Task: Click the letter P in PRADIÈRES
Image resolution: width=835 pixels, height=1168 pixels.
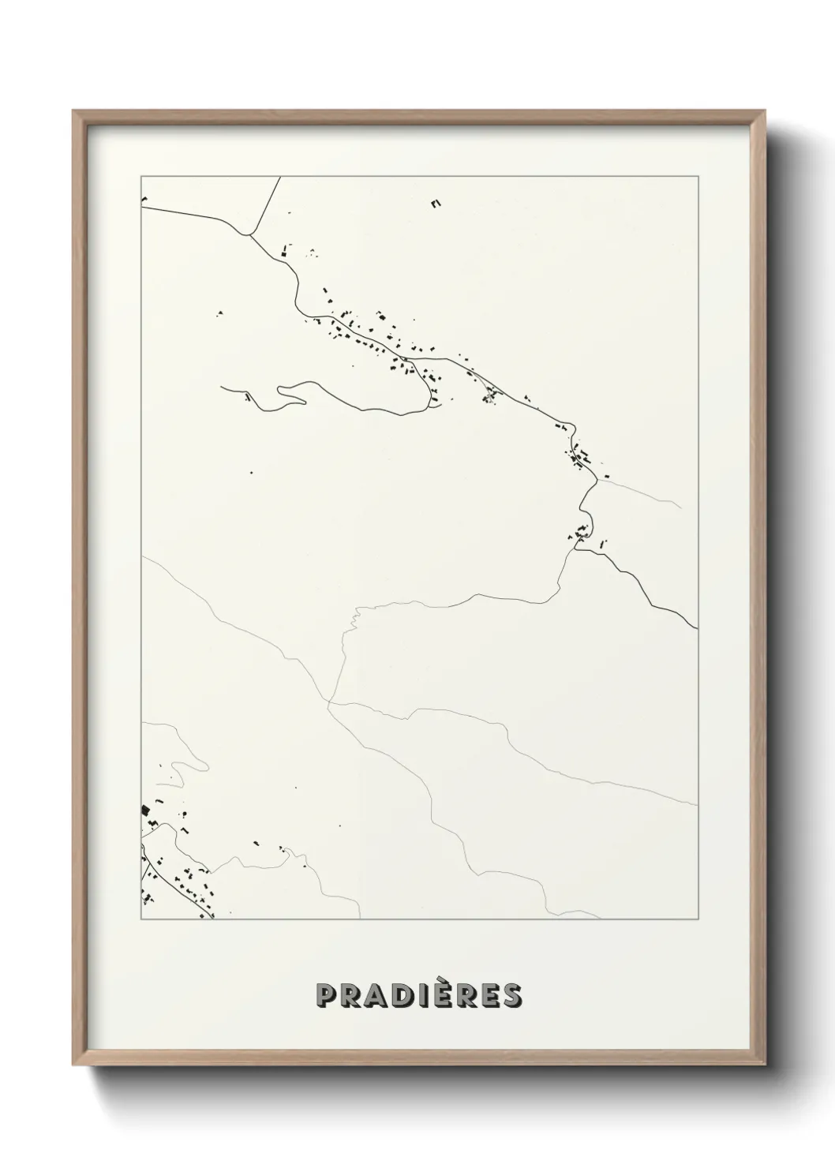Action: (326, 995)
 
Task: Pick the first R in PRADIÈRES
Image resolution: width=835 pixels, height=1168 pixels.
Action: (349, 995)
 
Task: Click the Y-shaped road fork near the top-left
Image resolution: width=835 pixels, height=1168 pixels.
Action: (249, 234)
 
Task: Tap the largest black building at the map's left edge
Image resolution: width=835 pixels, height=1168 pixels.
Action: (145, 810)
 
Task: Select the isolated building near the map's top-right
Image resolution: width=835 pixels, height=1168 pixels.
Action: (435, 204)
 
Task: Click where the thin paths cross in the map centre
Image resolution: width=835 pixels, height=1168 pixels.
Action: (330, 700)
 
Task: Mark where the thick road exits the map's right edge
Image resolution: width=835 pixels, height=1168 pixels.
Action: (696, 628)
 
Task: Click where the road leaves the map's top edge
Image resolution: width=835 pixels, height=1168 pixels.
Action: (280, 178)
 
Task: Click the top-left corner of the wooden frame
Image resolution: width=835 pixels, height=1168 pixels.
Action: (74, 111)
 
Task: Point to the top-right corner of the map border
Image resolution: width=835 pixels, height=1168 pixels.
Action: (697, 177)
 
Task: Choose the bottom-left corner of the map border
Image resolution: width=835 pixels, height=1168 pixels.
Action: (141, 919)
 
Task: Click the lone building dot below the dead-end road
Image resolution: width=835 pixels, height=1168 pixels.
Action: (251, 473)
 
